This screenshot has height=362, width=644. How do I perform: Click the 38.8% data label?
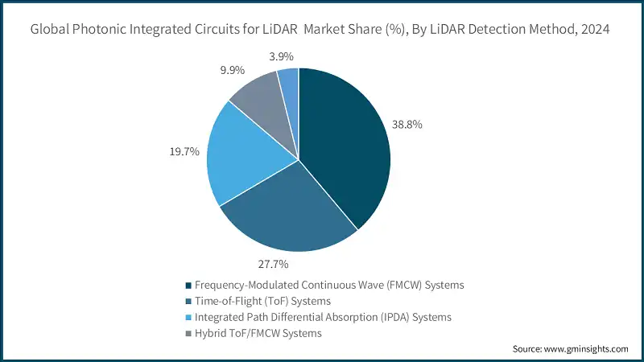tap(407, 125)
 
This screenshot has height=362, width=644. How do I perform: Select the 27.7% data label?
tap(273, 265)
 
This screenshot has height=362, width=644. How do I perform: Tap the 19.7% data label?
tap(184, 151)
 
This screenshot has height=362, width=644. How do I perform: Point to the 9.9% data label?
tap(233, 70)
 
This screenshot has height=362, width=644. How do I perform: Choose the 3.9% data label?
tap(281, 56)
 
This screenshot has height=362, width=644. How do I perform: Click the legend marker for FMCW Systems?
tap(188, 286)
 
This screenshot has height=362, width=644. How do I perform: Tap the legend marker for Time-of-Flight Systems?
tap(188, 301)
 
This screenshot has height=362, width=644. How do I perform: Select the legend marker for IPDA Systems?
tap(188, 317)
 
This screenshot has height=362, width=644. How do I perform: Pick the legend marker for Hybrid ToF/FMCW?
tap(188, 333)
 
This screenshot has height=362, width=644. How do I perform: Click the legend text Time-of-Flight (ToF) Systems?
tap(262, 301)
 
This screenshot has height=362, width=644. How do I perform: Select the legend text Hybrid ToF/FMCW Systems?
tap(258, 333)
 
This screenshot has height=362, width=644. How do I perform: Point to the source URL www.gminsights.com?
tap(586, 349)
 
